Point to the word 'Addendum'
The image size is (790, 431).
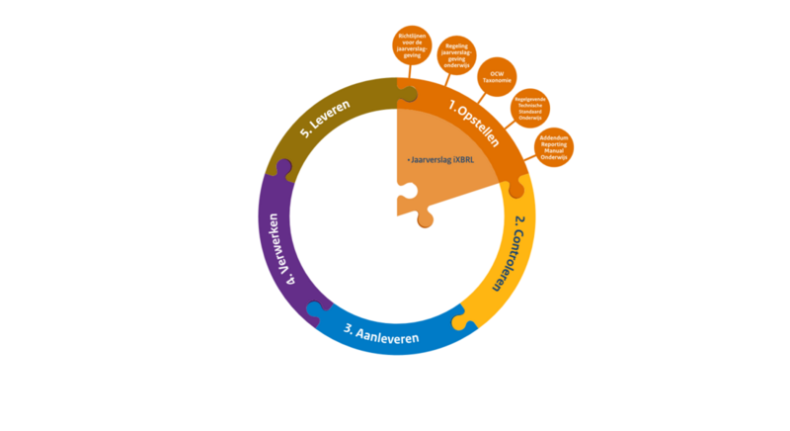coord(553,138)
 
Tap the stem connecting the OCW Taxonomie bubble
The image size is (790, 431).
coord(481,97)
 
